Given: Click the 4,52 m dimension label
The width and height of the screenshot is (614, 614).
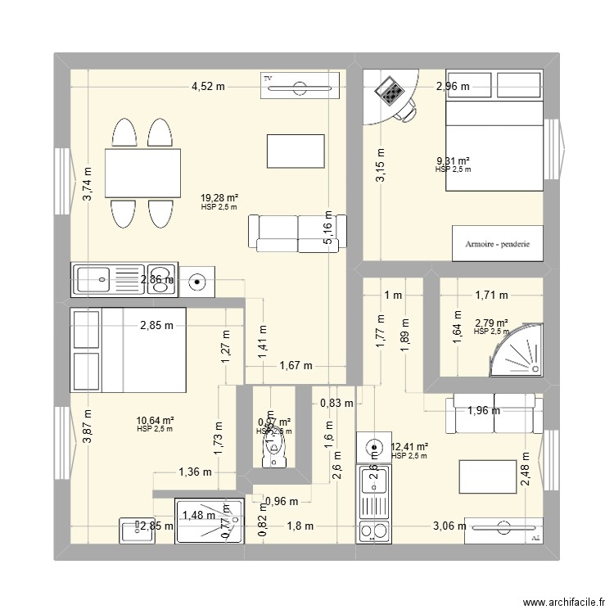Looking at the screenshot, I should point(208,85).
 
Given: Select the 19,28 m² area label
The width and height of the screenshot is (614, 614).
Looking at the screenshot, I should point(219,197).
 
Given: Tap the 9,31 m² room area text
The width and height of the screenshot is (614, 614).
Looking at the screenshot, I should point(453,161).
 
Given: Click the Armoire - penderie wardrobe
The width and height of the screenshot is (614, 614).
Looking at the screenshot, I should point(498,243).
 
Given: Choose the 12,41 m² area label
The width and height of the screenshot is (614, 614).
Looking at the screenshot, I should point(409,447).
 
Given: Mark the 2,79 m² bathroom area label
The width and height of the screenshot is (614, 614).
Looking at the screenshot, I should point(491,323).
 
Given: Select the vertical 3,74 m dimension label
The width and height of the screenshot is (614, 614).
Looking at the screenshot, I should point(88,184).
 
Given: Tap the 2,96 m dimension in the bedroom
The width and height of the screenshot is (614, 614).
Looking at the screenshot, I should point(453,85).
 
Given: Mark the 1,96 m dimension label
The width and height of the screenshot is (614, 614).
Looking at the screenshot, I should point(483,411).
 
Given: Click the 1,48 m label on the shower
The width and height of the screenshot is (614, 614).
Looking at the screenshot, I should point(198,515).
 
